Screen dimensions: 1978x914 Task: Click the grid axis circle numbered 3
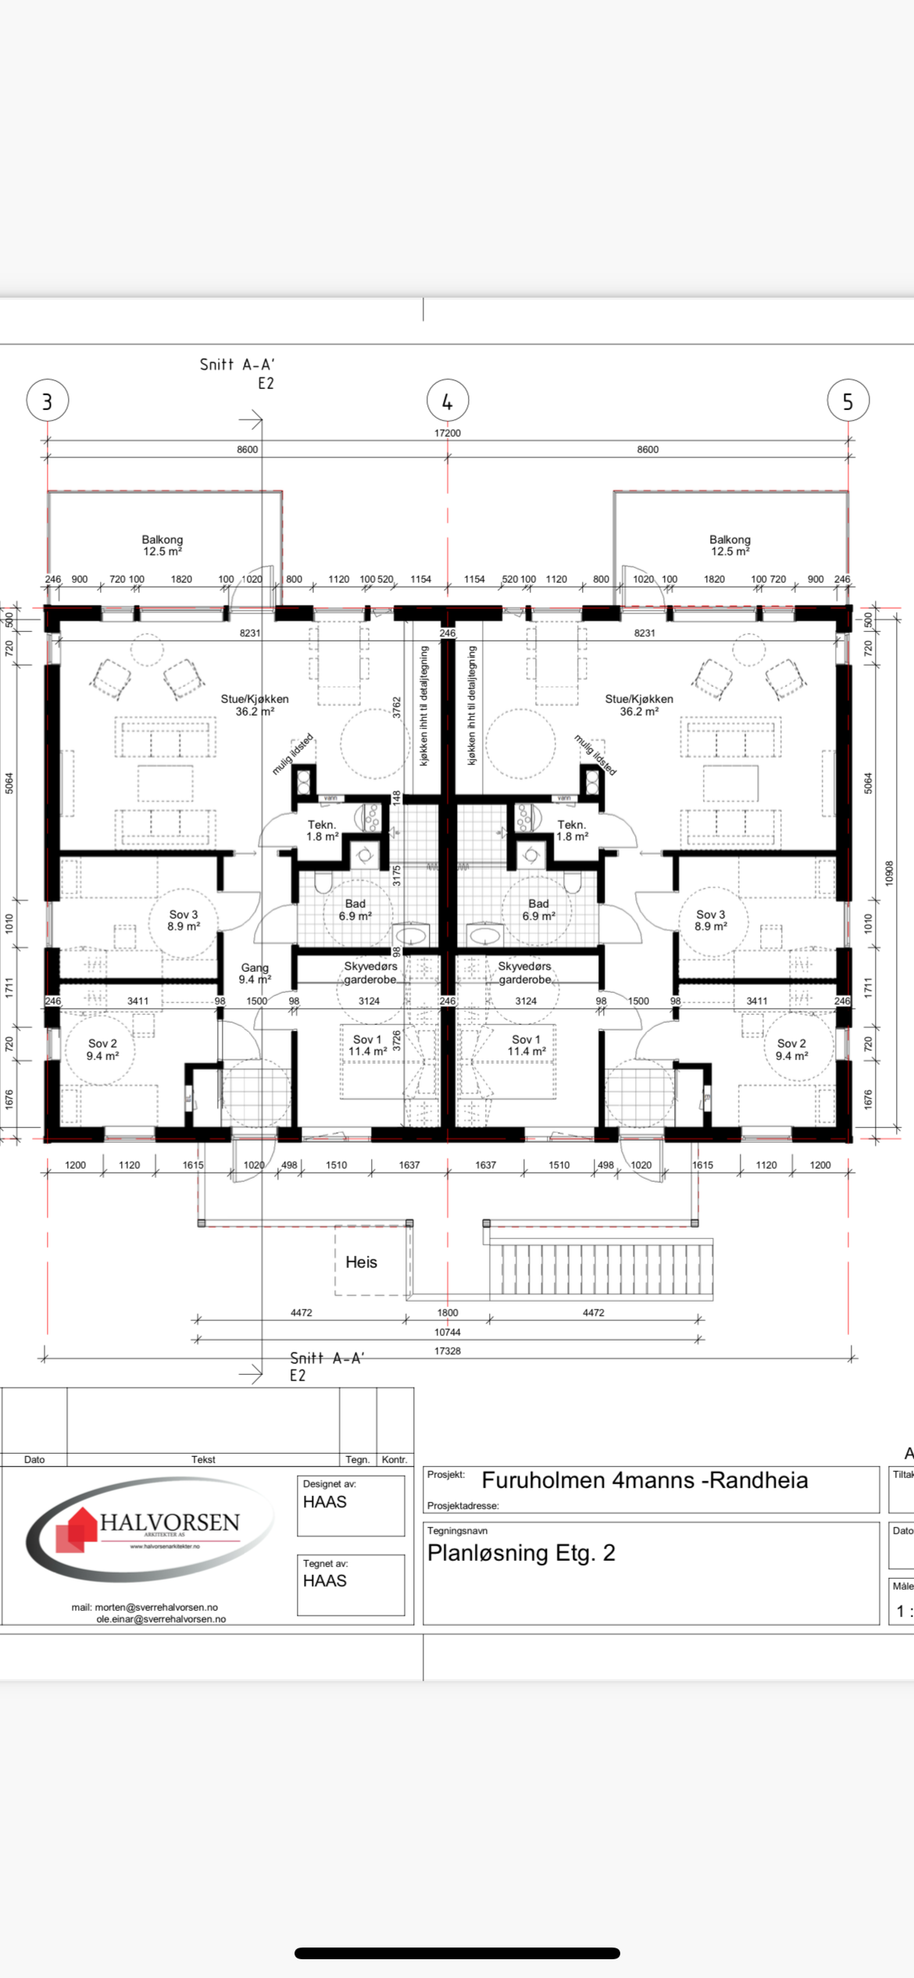(48, 401)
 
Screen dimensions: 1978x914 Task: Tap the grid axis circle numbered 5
(848, 401)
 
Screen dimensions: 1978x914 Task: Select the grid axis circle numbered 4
(448, 401)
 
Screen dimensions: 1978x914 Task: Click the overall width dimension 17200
(448, 433)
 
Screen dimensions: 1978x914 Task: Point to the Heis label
(361, 1262)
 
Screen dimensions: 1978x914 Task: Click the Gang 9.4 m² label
(255, 973)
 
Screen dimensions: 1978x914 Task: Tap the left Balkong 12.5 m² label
(162, 545)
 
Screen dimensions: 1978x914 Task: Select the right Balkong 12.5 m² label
(730, 545)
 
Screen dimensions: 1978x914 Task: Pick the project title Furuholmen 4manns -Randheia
(644, 1480)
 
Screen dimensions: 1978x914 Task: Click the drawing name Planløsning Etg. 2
(521, 1553)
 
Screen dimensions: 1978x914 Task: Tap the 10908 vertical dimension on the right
(889, 873)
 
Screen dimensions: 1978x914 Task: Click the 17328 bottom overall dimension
(448, 1351)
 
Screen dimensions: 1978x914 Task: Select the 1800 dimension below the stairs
(448, 1312)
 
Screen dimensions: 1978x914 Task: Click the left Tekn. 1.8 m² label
(322, 830)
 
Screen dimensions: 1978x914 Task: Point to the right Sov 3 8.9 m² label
(711, 920)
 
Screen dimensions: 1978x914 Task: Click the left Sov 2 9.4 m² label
(102, 1049)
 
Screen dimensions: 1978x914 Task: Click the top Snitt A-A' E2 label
(237, 373)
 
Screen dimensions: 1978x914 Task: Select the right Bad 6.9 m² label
(538, 909)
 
